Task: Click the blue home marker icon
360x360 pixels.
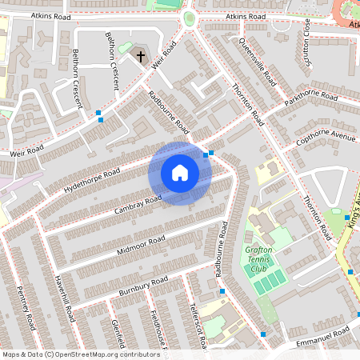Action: click(180, 173)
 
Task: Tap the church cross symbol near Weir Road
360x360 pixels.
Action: click(141, 57)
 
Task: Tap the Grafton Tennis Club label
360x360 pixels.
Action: click(258, 259)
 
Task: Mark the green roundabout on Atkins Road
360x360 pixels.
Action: click(190, 18)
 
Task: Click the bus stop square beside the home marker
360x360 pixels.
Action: click(210, 153)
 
